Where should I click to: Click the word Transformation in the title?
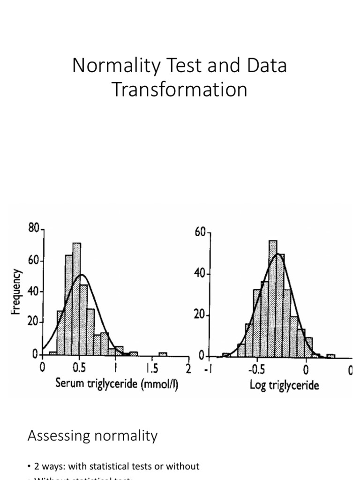pos(180,90)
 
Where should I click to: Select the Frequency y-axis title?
pos(17,291)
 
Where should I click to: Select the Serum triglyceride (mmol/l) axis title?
pos(117,385)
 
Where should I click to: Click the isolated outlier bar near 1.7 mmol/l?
pos(163,354)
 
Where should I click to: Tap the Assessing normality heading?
pos(93,436)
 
